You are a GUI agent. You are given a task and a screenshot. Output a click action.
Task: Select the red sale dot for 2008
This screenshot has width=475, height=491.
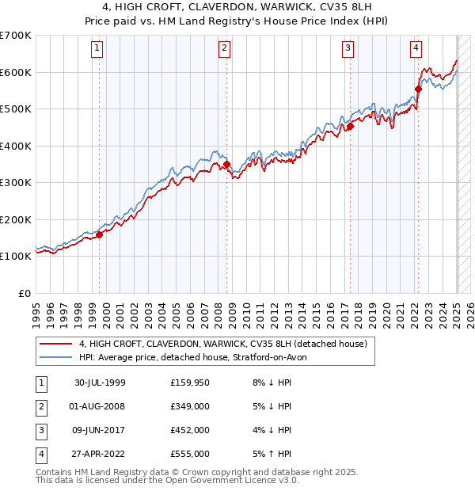(226, 165)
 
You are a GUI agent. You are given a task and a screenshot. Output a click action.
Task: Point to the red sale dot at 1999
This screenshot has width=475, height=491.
(100, 234)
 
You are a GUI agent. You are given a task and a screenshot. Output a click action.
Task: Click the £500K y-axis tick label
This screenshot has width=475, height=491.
(15, 108)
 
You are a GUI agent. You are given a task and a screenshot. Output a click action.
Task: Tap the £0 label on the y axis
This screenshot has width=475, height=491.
(25, 293)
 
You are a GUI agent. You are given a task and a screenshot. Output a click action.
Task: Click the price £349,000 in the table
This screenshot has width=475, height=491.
(190, 406)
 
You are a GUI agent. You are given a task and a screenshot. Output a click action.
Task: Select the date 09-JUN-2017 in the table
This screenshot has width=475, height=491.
(100, 430)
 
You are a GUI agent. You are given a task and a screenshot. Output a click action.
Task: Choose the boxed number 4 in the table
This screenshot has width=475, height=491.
(40, 454)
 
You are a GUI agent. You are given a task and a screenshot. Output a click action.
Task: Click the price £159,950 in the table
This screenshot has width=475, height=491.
(190, 383)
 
